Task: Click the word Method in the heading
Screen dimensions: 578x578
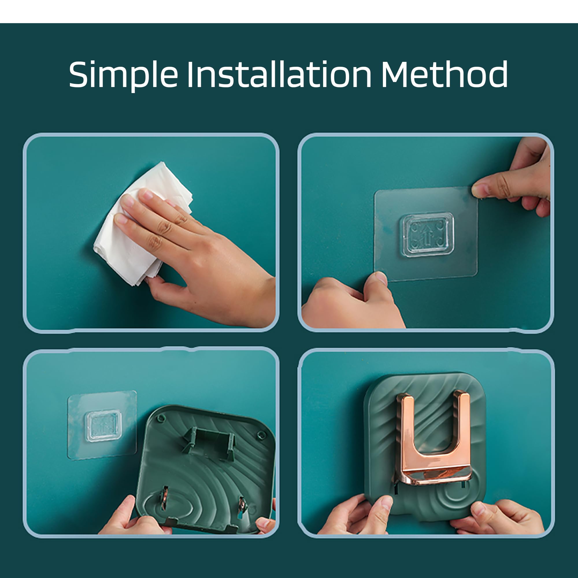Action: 444,74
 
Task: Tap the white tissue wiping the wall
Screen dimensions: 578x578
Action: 141,224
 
